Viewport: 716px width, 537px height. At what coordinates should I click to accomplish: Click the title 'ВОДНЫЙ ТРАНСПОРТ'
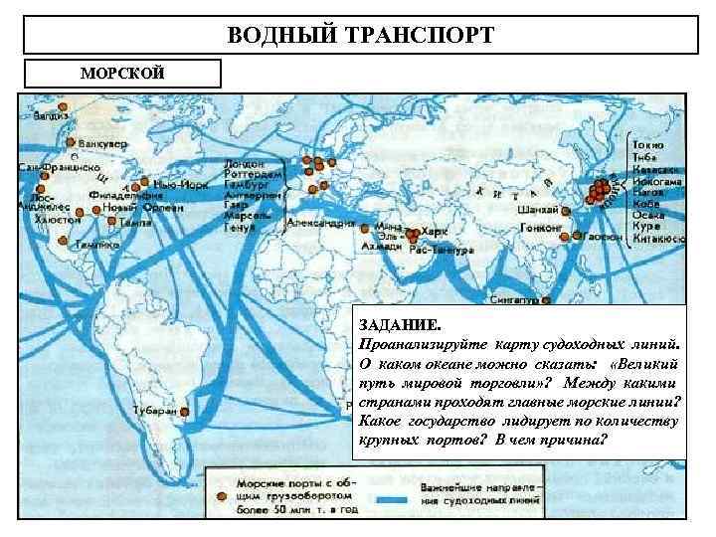[x=360, y=37]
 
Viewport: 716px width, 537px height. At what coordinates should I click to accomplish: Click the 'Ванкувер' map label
[x=103, y=144]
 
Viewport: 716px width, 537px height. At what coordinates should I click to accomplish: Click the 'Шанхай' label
[x=536, y=211]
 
